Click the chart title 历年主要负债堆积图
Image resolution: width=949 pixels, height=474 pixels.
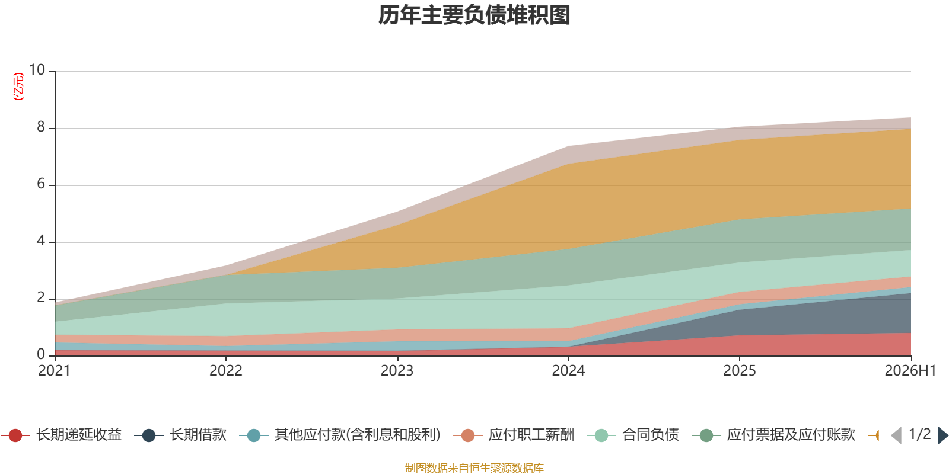[x=474, y=15]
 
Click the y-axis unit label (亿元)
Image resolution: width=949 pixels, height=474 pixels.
[x=18, y=87]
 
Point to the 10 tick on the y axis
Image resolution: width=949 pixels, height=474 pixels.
[x=37, y=70]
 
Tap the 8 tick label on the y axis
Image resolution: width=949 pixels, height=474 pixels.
[x=41, y=127]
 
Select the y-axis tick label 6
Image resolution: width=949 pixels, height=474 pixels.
[x=41, y=184]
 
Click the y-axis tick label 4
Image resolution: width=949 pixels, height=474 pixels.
[x=41, y=241]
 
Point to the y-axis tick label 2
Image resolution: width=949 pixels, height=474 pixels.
[x=41, y=297]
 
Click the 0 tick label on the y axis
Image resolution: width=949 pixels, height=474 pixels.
[x=41, y=354]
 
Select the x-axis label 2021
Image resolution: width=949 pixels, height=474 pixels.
[x=54, y=371]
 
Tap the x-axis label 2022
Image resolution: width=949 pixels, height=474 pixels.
[x=226, y=371]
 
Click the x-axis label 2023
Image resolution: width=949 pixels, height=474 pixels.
[x=397, y=371]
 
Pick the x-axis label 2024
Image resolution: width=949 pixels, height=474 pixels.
[x=568, y=371]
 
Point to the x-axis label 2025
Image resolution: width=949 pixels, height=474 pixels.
[x=739, y=371]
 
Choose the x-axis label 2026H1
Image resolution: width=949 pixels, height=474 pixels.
[x=910, y=371]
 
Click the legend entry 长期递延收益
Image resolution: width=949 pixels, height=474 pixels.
[x=62, y=435]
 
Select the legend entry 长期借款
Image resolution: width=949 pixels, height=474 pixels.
[x=180, y=435]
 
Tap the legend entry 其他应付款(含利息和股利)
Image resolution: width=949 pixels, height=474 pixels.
[x=340, y=435]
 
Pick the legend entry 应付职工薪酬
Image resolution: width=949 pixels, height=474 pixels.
[x=514, y=435]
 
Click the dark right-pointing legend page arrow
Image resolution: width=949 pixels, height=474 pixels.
[x=943, y=435]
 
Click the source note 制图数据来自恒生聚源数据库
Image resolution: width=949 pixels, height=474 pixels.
[x=474, y=467]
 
